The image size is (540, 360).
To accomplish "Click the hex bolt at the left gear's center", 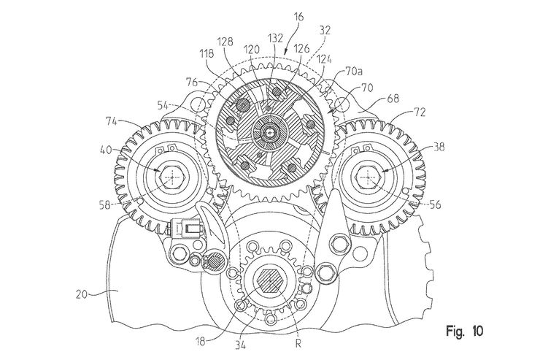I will (172, 174).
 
